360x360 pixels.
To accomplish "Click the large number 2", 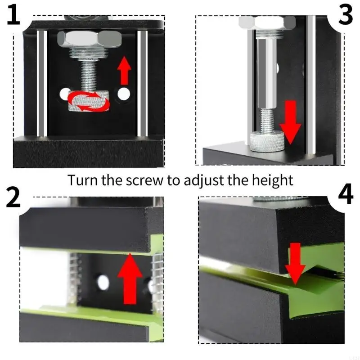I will (x=13, y=198).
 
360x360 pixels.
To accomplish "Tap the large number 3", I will (x=345, y=15).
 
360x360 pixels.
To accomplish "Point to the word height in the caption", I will (x=272, y=181).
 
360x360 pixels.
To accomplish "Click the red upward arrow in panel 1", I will (x=124, y=71).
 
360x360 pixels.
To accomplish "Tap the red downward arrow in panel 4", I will (x=295, y=264).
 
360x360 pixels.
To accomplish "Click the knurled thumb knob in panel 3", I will (x=268, y=141).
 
